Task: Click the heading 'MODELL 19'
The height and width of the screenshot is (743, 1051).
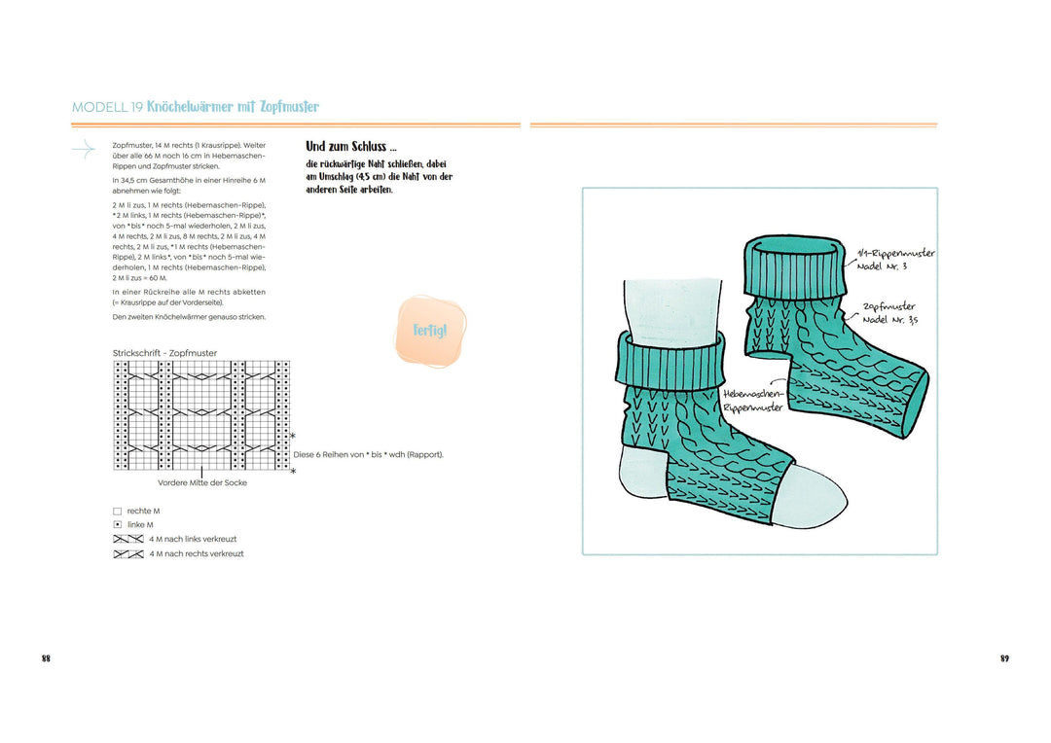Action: [107, 107]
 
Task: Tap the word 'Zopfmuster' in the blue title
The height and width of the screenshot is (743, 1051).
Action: [290, 107]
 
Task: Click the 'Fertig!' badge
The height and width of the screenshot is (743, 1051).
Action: [430, 331]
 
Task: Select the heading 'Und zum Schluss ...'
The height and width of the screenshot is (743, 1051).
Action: [351, 147]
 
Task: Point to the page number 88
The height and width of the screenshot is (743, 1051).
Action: [46, 658]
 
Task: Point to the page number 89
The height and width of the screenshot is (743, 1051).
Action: [1004, 658]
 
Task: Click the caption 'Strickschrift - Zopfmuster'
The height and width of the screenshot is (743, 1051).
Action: [164, 353]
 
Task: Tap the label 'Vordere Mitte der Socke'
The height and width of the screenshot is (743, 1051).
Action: [202, 482]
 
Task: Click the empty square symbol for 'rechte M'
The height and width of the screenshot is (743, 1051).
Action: [118, 512]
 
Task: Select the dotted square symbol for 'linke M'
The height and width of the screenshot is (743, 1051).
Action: [118, 525]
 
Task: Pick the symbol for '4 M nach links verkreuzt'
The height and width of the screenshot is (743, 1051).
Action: [128, 540]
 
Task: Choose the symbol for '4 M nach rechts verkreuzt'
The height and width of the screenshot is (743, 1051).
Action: [128, 554]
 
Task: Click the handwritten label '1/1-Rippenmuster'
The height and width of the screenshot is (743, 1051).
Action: [896, 253]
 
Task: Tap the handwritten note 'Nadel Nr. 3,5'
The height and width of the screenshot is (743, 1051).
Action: [890, 320]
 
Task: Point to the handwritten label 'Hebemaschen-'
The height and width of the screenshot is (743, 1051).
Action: [752, 394]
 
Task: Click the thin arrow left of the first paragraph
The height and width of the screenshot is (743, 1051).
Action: [84, 149]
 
